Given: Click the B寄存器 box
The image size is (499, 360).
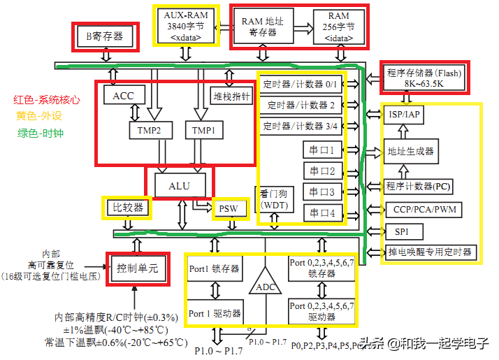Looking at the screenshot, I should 108,36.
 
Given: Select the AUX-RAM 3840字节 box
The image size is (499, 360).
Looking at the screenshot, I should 185,27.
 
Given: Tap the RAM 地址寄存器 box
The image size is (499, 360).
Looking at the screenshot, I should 262,27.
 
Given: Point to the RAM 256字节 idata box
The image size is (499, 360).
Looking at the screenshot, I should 339,27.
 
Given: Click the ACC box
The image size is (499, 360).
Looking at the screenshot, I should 123,95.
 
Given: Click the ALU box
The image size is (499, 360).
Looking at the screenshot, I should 178,185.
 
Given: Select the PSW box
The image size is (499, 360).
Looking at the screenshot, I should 228,208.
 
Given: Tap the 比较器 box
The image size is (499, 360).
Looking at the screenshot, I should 128,207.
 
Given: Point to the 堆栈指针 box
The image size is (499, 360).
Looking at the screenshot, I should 231,96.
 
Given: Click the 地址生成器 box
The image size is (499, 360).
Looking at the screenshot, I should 410,151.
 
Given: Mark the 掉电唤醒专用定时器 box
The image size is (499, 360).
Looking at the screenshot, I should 429,252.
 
